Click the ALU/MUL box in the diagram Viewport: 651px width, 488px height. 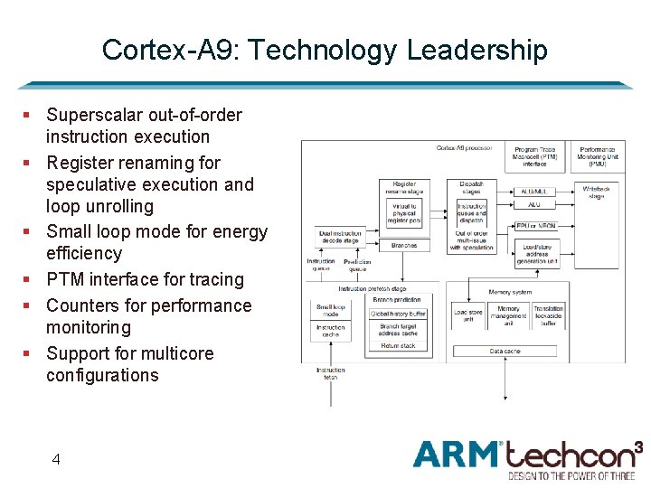(535, 192)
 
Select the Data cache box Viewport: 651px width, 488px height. (505, 351)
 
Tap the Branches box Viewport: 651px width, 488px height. (404, 246)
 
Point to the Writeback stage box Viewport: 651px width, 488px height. (597, 192)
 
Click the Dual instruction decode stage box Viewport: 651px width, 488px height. (340, 237)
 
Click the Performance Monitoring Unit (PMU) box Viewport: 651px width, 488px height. (598, 156)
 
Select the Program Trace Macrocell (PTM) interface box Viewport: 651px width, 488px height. (534, 156)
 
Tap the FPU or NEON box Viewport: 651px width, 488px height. (535, 226)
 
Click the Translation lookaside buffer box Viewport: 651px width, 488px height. (548, 315)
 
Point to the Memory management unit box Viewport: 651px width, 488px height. (508, 315)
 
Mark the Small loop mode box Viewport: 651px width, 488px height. (330, 310)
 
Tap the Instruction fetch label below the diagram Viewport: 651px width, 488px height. (330, 372)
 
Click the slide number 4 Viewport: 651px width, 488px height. (56, 459)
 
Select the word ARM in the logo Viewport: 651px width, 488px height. (456, 454)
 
